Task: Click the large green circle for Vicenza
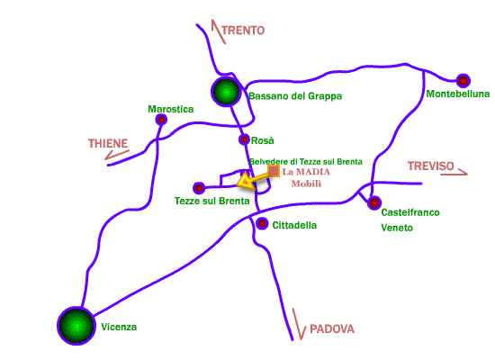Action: coord(76,326)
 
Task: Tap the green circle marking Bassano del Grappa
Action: coord(226,92)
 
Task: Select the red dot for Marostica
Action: coord(161,120)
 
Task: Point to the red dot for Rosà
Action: coord(244,139)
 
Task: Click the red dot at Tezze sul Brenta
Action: coord(199,188)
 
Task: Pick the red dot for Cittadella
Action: coord(262,223)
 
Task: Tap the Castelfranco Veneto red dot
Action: coord(374,202)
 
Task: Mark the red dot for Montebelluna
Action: coord(463,81)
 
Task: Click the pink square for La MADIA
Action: coord(274,171)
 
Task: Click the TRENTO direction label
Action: coord(243,31)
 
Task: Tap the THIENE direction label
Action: coord(108,143)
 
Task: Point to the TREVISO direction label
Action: coord(430,166)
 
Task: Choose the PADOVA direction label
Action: coord(332,329)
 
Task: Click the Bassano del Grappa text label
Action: coord(295,96)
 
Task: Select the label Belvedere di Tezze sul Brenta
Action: coord(306,162)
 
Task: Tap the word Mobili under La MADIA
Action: coord(306,184)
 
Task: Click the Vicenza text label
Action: coord(119,327)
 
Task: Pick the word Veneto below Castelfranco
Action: coord(397,228)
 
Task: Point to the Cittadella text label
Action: coord(294,225)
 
